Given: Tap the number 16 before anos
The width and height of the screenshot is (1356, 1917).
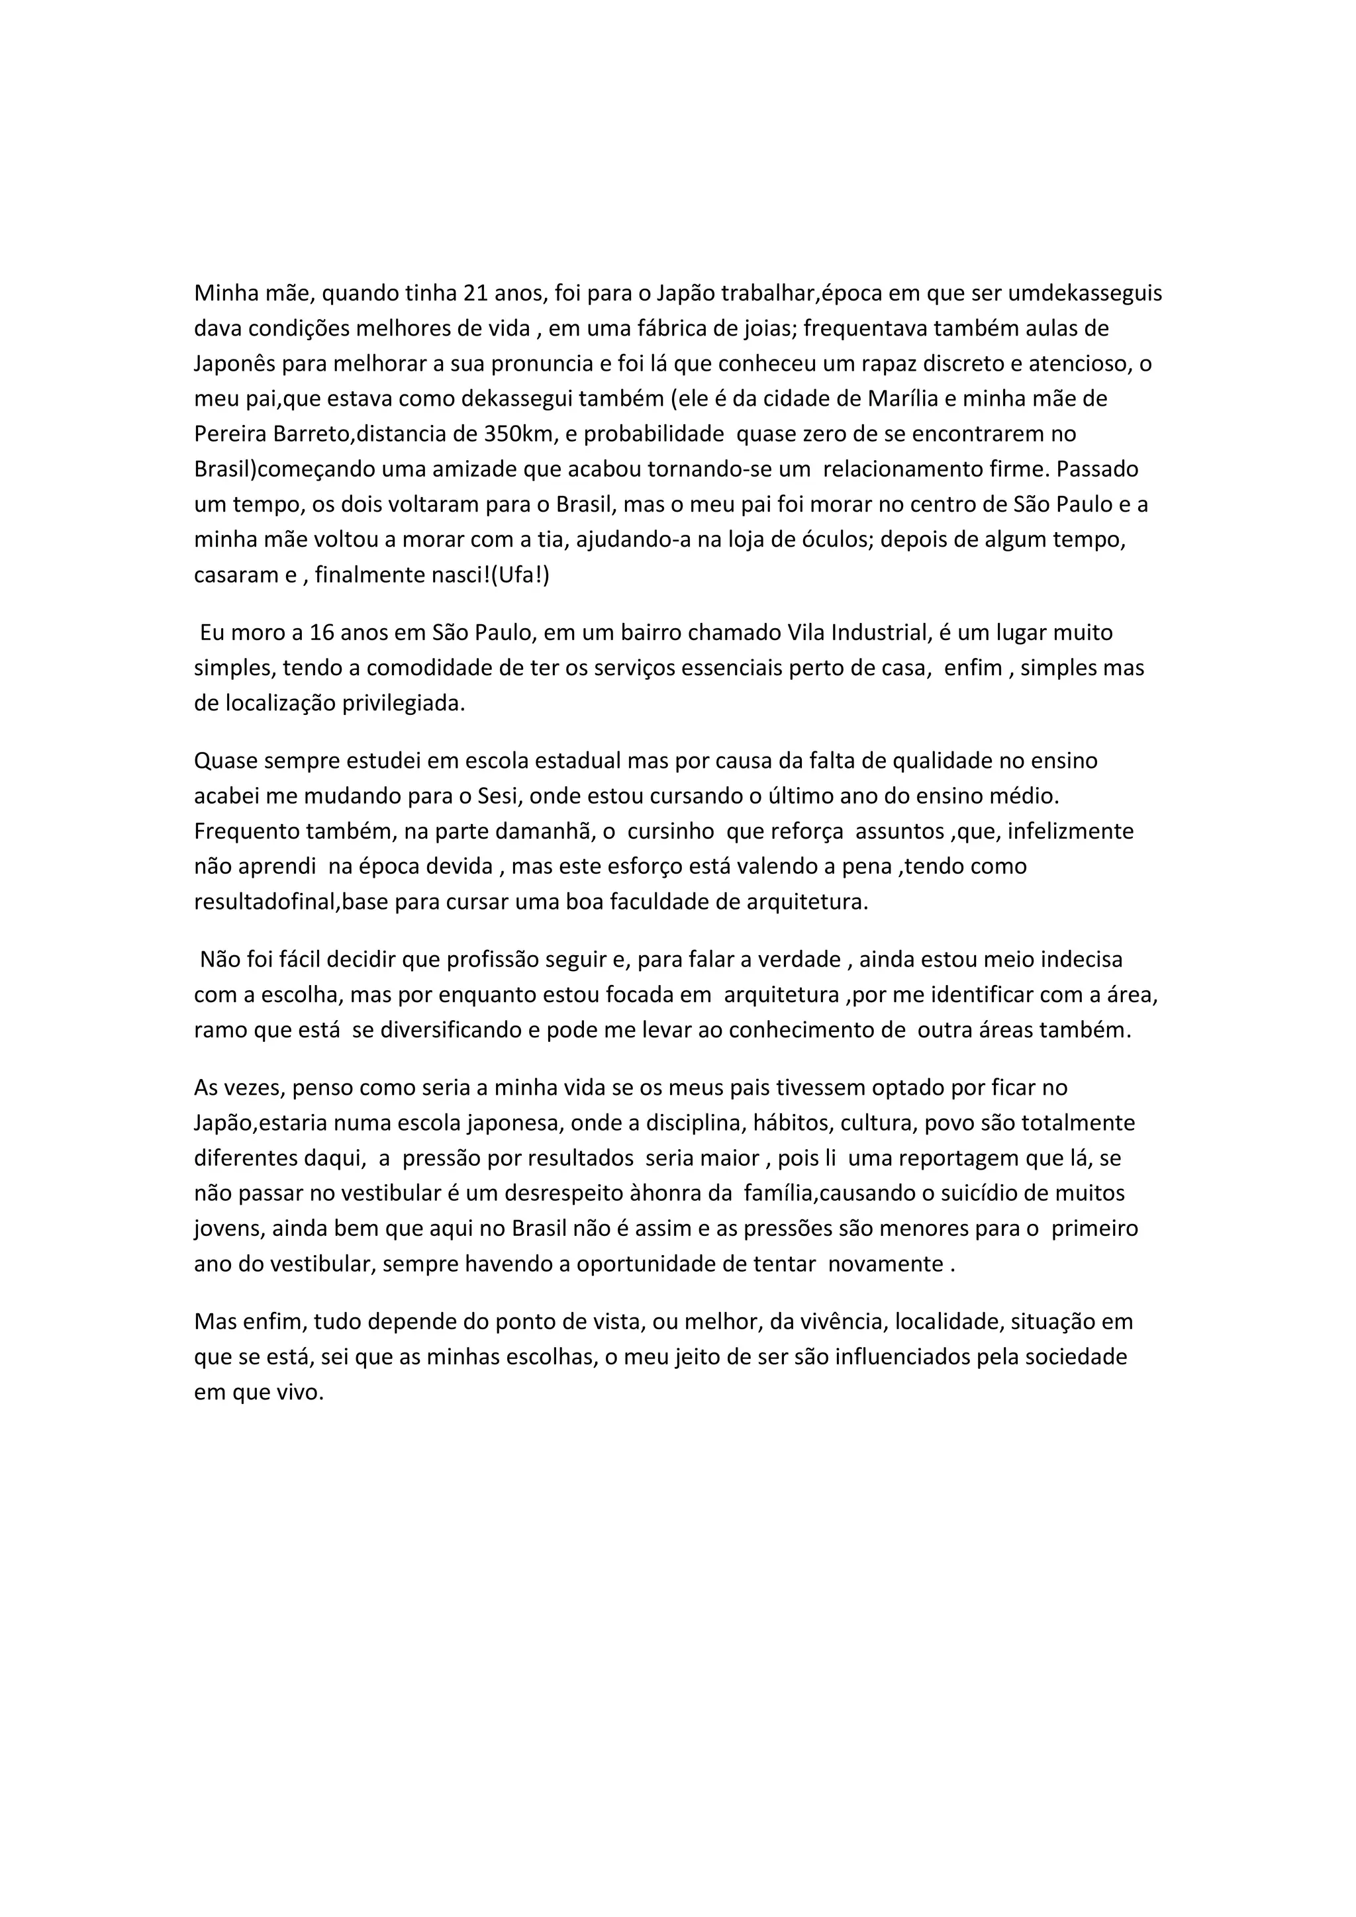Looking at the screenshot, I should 322,633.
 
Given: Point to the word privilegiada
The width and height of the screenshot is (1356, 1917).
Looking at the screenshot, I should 403,703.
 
